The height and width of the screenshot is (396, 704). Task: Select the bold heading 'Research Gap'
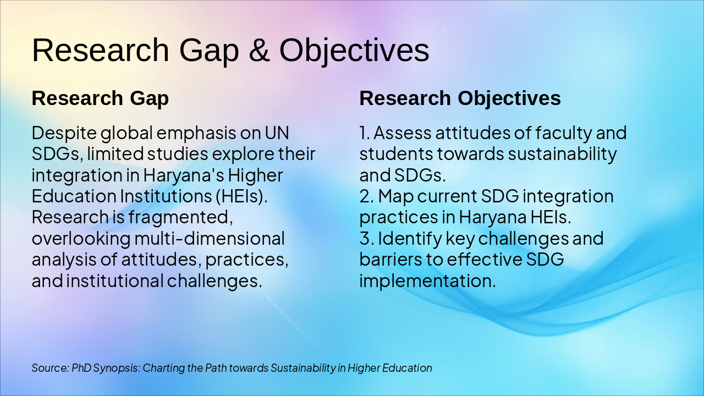coord(100,98)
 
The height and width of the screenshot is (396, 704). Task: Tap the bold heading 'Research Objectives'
coord(460,98)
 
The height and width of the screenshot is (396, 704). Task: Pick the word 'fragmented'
coord(178,217)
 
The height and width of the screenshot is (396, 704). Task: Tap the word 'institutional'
coord(115,281)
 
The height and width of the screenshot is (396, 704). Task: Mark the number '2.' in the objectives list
coord(367,196)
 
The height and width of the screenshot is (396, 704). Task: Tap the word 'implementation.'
coord(427,281)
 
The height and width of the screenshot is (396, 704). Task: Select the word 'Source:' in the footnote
coord(50,368)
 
